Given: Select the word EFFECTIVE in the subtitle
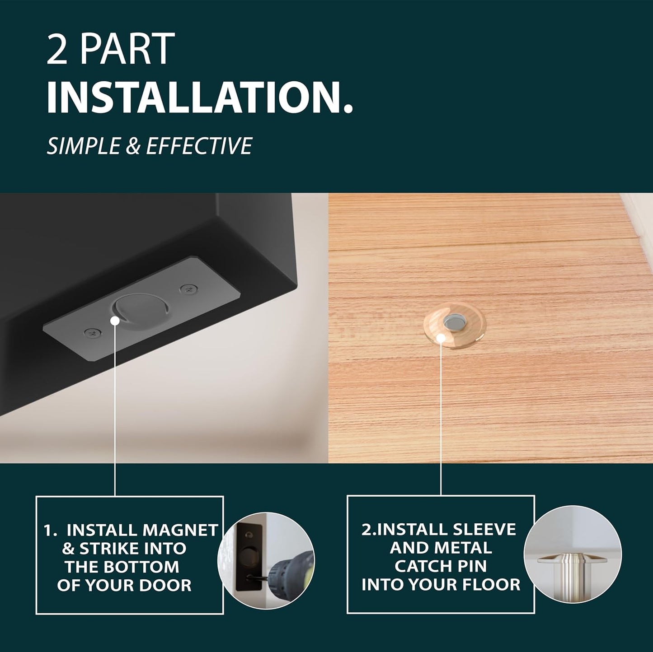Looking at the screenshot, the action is (199, 146).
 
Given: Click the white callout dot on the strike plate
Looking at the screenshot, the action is (115, 320).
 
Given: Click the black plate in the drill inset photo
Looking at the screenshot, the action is (249, 559).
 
